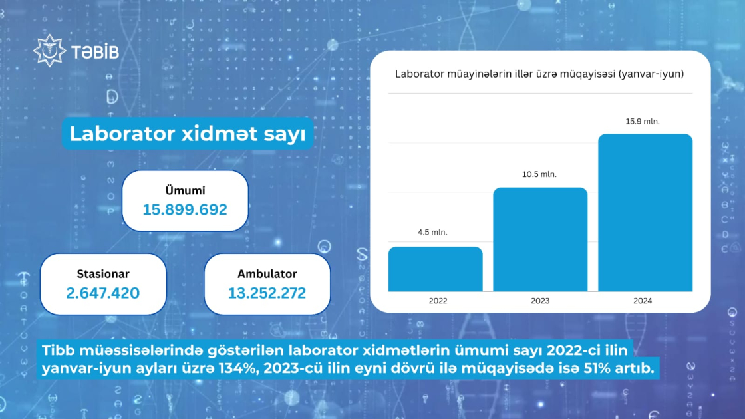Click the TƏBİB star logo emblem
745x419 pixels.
[x=49, y=51]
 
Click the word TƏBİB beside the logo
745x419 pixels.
[x=95, y=52]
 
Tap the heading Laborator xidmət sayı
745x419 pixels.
[x=187, y=134]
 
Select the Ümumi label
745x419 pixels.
[x=186, y=190]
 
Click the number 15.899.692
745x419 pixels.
[x=186, y=209]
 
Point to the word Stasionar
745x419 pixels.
[x=103, y=273]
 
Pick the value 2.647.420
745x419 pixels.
[x=103, y=293]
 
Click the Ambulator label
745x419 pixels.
[x=267, y=273]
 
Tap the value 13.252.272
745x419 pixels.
[x=267, y=293]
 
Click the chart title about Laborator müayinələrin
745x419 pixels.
[x=539, y=74]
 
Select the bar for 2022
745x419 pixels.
[x=435, y=269]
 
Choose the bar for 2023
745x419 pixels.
[x=540, y=239]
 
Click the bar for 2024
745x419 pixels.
[x=645, y=212]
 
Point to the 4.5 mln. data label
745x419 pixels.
[x=432, y=232]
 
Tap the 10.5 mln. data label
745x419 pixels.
[x=539, y=174]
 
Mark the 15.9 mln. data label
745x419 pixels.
[x=643, y=122]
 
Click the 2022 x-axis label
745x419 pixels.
[x=438, y=301]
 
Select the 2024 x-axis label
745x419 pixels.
[x=643, y=301]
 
